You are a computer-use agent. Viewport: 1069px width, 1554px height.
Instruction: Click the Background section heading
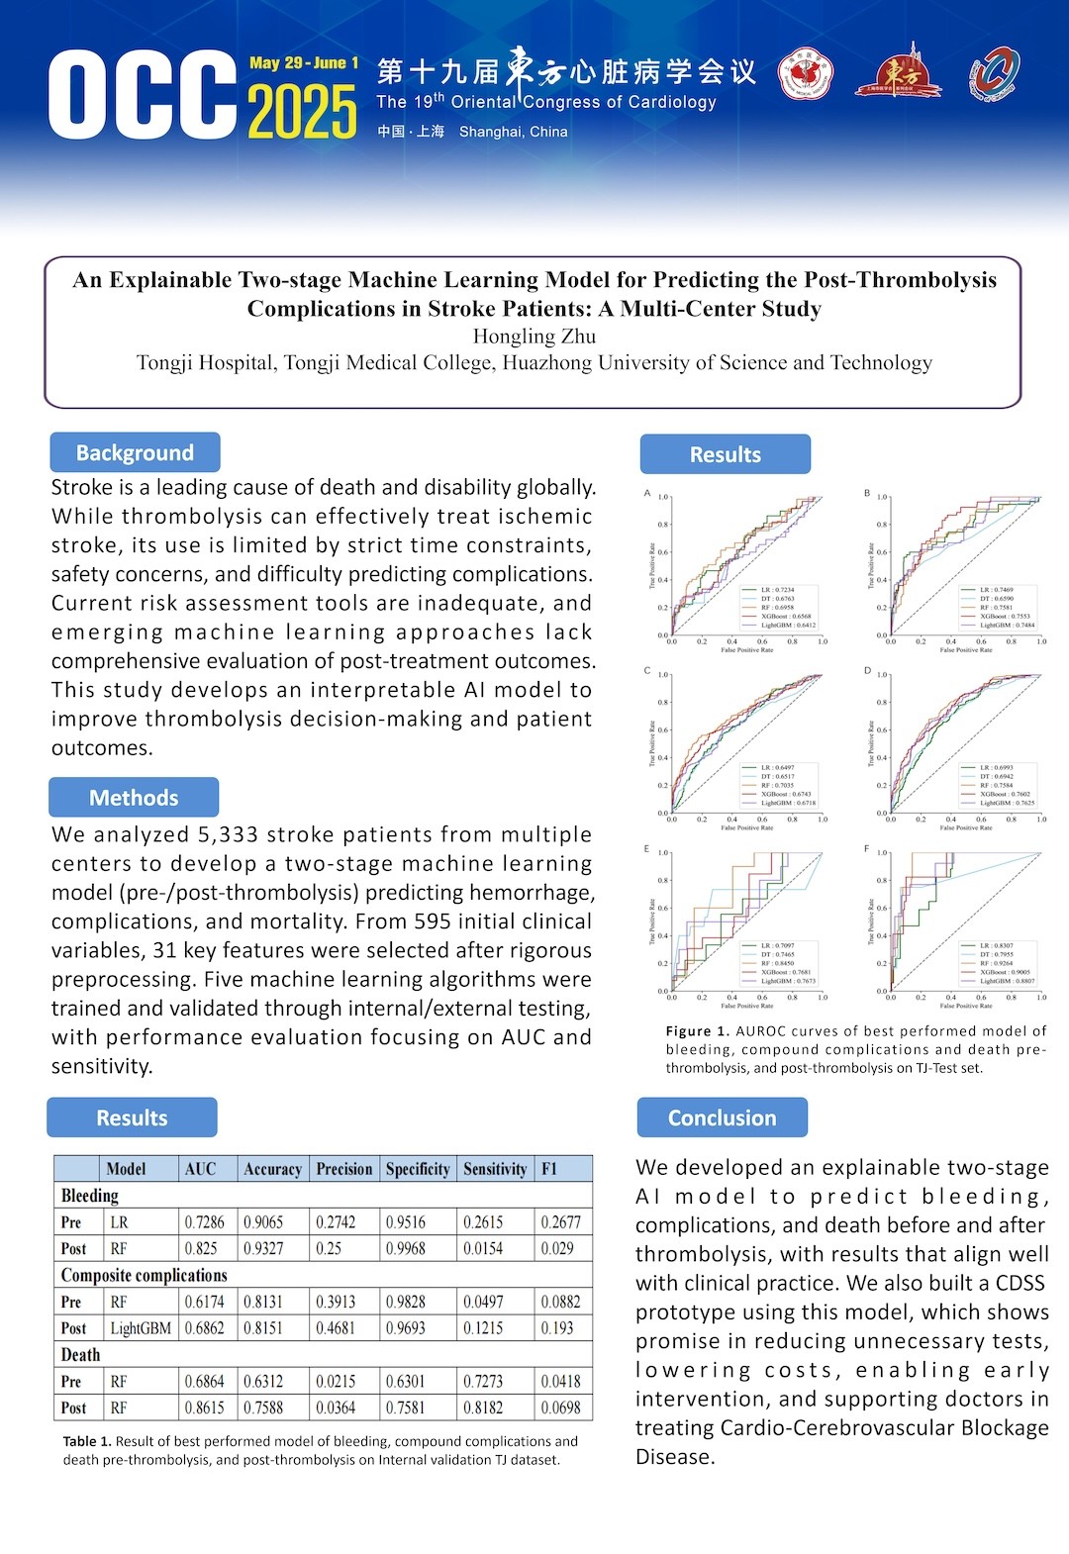click(x=135, y=453)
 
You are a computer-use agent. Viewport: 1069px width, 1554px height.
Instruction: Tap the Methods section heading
click(x=134, y=798)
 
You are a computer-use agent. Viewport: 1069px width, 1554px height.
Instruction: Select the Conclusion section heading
click(x=722, y=1118)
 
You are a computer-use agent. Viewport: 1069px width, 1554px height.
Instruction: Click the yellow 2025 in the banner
click(x=302, y=112)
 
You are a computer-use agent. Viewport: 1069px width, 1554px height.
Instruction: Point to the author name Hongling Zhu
click(x=534, y=337)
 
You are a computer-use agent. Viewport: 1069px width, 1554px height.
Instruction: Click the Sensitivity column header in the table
click(x=495, y=1169)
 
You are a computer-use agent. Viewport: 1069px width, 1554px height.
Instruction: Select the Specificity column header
click(x=418, y=1169)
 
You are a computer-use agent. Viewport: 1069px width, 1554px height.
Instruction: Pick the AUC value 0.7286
click(x=204, y=1222)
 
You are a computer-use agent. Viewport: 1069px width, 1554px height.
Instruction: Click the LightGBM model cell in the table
click(x=141, y=1328)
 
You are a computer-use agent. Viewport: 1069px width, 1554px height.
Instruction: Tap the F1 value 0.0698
click(x=560, y=1408)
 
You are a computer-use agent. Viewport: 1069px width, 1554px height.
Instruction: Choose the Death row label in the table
click(x=81, y=1355)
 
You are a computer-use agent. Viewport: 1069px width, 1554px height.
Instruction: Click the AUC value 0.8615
click(x=204, y=1408)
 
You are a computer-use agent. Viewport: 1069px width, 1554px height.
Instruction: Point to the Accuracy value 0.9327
click(x=263, y=1249)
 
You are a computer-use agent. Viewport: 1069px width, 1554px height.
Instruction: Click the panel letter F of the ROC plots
click(x=867, y=849)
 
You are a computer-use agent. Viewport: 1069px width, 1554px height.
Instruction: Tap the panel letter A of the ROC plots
click(x=647, y=493)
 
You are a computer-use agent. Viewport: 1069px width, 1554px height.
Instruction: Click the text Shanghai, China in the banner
click(x=513, y=132)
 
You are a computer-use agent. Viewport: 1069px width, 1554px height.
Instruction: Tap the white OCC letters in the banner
click(x=142, y=95)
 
